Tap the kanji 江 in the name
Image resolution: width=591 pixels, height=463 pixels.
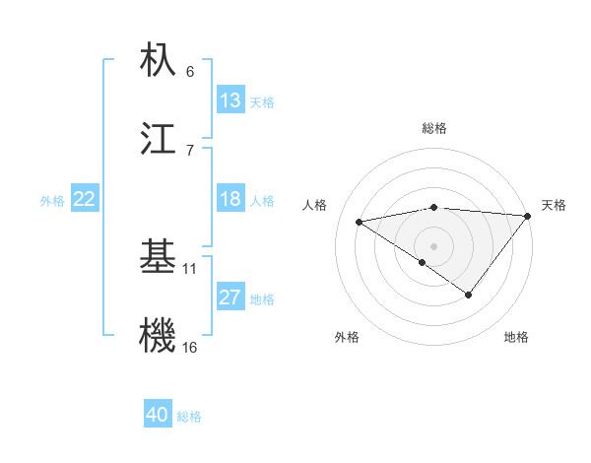click(159, 140)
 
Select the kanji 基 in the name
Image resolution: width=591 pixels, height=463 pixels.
click(159, 258)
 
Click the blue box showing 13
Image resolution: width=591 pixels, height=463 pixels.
click(230, 100)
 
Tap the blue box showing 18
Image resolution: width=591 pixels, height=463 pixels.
click(230, 199)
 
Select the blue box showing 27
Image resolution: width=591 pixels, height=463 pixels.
click(230, 298)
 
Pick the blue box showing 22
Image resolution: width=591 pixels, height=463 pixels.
click(85, 199)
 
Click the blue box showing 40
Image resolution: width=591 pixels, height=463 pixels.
click(158, 416)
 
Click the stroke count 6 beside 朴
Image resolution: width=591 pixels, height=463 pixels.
click(190, 71)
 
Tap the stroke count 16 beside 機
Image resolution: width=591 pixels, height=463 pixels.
click(190, 347)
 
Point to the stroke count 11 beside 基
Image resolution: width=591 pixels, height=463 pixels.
click(190, 268)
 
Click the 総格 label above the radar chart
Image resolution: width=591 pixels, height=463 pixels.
click(434, 128)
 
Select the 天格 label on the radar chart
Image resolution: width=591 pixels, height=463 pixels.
click(554, 205)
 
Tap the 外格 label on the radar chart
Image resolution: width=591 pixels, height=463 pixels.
click(347, 337)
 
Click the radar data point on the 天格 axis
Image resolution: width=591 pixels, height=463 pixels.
click(529, 215)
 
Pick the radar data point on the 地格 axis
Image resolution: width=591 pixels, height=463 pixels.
click(469, 295)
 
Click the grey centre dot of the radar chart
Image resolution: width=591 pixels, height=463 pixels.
click(433, 245)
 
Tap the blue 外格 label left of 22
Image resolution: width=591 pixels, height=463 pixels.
click(52, 200)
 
